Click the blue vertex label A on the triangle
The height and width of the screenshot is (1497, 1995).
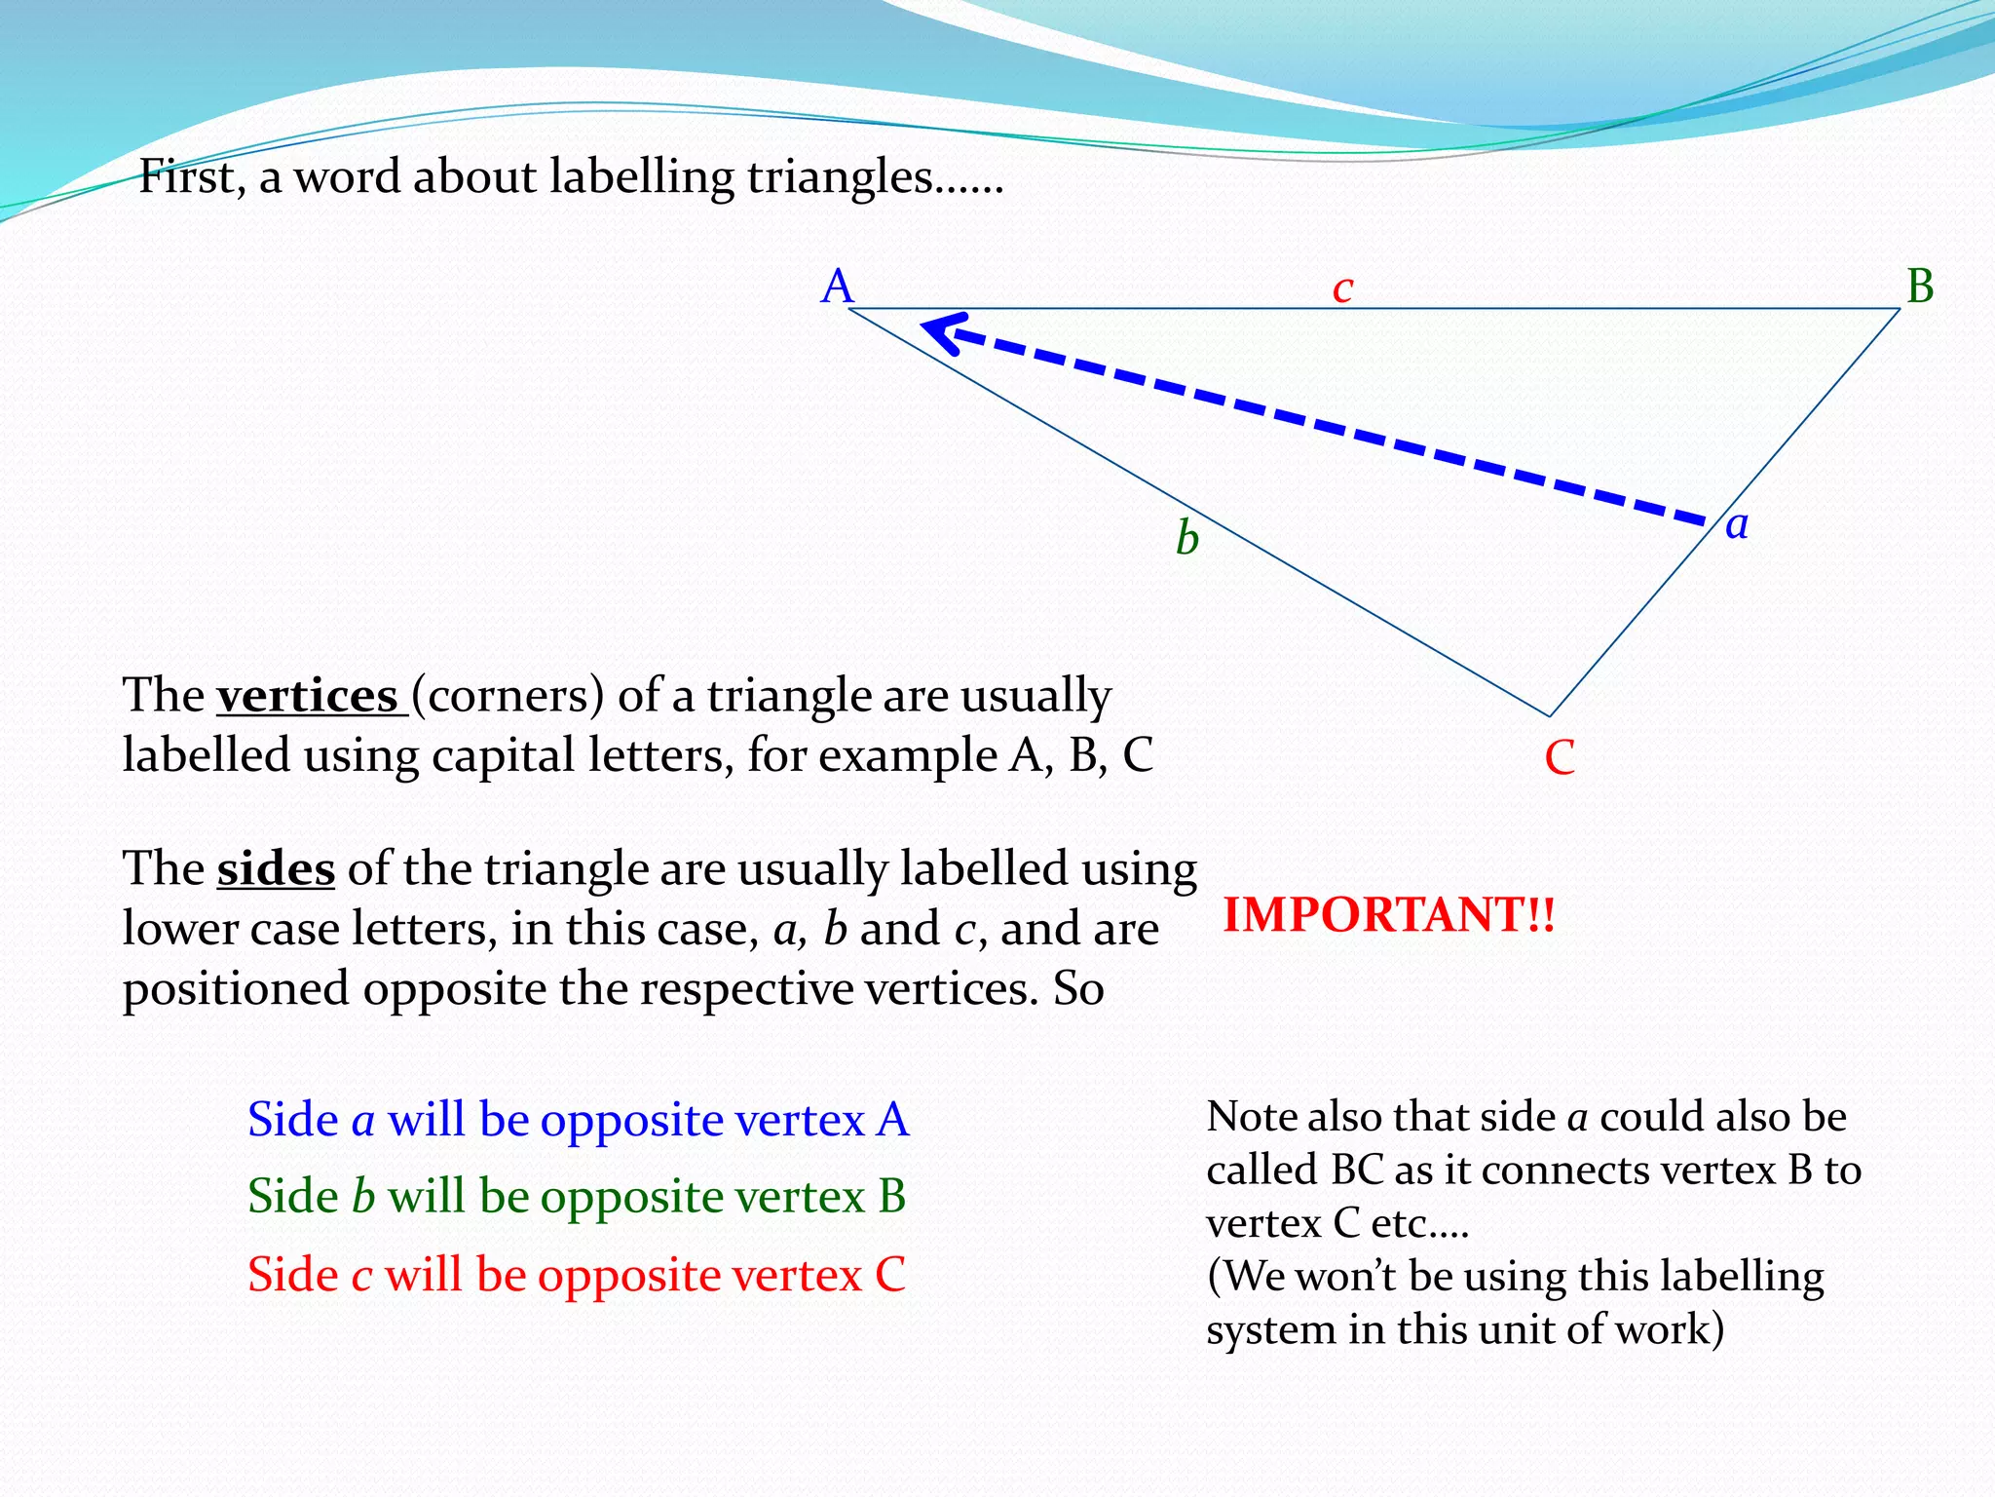pyautogui.click(x=837, y=287)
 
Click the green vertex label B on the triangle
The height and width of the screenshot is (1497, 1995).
pyautogui.click(x=1920, y=287)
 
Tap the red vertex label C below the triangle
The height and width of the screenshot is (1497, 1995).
pyautogui.click(x=1560, y=757)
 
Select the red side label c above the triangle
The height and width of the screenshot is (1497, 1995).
pyautogui.click(x=1343, y=288)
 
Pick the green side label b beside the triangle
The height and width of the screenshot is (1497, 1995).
pyautogui.click(x=1186, y=538)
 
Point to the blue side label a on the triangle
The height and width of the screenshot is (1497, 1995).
pyautogui.click(x=1737, y=525)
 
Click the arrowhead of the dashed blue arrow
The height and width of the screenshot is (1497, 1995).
pyautogui.click(x=941, y=331)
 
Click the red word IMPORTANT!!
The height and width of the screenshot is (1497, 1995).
pyautogui.click(x=1389, y=915)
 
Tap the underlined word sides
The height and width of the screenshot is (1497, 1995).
pyautogui.click(x=276, y=868)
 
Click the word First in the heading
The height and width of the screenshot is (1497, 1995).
pyautogui.click(x=191, y=177)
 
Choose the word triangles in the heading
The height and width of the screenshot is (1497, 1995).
pyautogui.click(x=840, y=177)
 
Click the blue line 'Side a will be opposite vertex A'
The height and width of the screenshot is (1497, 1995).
pyautogui.click(x=578, y=1119)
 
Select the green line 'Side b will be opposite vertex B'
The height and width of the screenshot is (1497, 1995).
pyautogui.click(x=577, y=1196)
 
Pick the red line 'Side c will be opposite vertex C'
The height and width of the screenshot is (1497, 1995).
pyautogui.click(x=577, y=1274)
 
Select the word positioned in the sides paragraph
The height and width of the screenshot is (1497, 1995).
pyautogui.click(x=236, y=988)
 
